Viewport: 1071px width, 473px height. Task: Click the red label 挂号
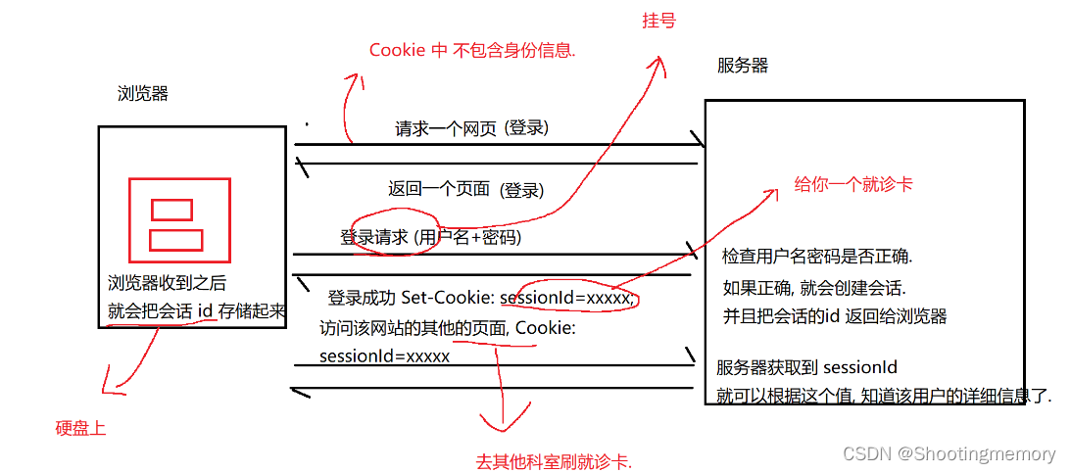pos(658,21)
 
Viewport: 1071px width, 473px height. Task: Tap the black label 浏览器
pos(143,94)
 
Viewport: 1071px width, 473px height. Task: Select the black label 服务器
pos(743,66)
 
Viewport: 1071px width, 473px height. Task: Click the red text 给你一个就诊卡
pos(852,184)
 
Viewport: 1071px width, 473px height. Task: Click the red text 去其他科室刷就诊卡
pos(553,460)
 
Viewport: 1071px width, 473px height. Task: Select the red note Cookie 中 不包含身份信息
pos(472,50)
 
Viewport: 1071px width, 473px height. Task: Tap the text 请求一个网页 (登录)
pos(471,128)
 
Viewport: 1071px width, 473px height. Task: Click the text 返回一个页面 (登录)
pos(465,189)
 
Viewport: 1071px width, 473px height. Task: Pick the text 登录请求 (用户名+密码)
pos(430,237)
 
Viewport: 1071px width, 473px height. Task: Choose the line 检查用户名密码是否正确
pos(817,257)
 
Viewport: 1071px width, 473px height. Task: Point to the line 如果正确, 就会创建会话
pos(813,289)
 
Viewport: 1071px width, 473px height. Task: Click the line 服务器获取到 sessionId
pos(806,368)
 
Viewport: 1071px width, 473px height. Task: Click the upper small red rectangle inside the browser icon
pos(172,210)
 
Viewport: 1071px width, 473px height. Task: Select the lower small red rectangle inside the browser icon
pos(176,240)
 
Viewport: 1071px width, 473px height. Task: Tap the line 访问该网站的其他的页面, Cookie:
pos(447,328)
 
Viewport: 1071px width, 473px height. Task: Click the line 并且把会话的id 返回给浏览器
pos(834,316)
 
